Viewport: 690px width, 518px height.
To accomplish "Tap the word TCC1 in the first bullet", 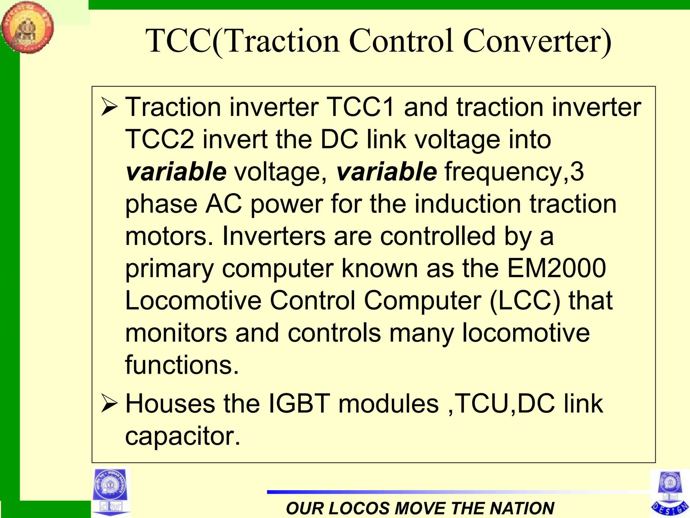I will pyautogui.click(x=360, y=107).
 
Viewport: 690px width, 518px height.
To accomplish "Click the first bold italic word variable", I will pyautogui.click(x=176, y=171).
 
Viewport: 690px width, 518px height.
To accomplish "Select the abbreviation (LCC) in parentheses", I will pyautogui.click(x=525, y=300).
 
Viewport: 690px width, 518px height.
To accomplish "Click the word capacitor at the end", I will pyautogui.click(x=182, y=436).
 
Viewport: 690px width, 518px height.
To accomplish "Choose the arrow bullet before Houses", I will pyautogui.click(x=109, y=404).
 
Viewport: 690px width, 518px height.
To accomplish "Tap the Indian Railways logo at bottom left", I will pyautogui.click(x=111, y=491).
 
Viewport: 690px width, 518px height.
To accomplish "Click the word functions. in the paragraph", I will pyautogui.click(x=182, y=365).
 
